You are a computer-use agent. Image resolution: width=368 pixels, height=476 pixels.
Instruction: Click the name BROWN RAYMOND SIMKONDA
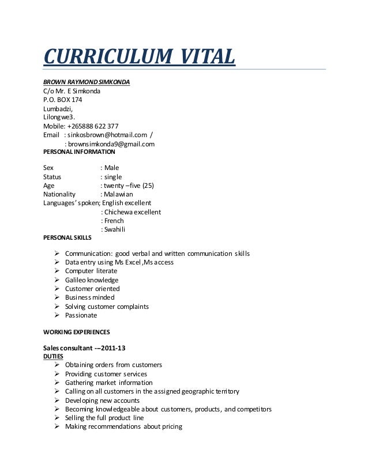coord(87,82)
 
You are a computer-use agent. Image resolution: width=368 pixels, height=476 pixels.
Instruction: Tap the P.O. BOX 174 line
coord(63,99)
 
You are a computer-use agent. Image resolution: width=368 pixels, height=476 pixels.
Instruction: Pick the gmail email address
coord(111,144)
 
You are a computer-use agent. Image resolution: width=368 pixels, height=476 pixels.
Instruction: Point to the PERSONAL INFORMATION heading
coord(79,152)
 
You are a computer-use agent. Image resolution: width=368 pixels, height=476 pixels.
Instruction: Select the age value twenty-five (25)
coord(129,186)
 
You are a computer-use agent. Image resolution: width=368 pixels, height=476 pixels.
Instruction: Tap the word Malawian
coord(119,194)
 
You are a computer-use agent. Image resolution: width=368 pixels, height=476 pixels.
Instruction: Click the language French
coord(114,221)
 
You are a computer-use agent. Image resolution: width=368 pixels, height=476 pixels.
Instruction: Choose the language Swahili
coord(115,229)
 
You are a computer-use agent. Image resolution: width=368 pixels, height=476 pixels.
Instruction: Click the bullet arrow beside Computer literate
coord(57,271)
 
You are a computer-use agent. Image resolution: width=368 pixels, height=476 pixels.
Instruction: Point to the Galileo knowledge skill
coord(92,280)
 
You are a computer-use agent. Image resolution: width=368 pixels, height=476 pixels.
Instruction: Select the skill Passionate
coord(81,315)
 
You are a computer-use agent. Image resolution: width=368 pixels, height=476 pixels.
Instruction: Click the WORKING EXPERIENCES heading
coord(77,332)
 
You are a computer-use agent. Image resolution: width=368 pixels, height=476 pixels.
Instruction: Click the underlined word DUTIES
coord(54,356)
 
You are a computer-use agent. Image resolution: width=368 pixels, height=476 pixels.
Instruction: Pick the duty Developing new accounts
coord(102,401)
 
